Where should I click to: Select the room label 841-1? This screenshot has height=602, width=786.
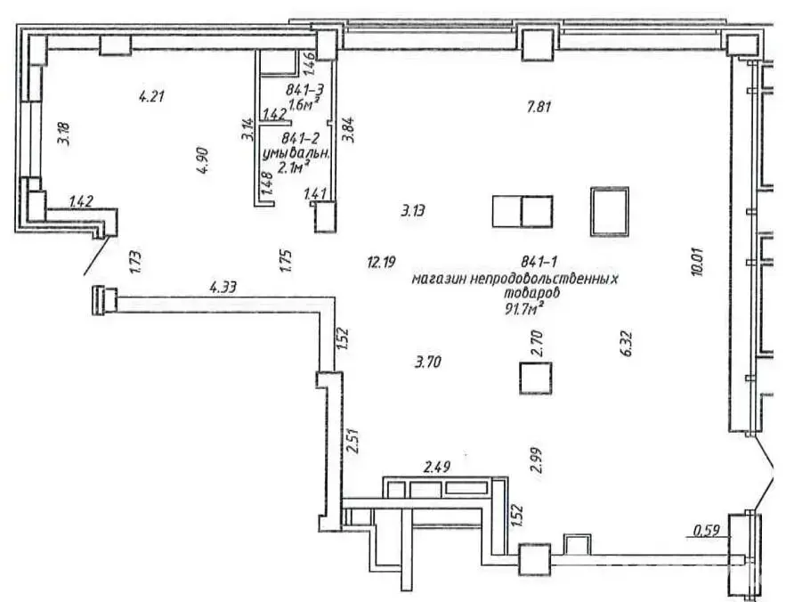[x=541, y=262]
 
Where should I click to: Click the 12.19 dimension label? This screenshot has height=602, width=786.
[x=381, y=262]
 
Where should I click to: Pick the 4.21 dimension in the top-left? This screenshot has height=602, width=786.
[x=153, y=95]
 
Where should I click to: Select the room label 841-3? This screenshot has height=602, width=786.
[x=304, y=90]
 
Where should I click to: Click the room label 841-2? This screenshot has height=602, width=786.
[x=301, y=138]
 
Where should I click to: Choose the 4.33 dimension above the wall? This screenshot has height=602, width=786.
[x=223, y=288]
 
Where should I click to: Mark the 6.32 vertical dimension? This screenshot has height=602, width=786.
[x=625, y=343]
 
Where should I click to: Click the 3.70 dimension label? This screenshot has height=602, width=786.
[x=429, y=362]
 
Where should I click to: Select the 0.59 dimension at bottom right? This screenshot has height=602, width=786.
[x=707, y=534]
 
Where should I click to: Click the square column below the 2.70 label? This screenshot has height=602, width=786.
[x=536, y=378]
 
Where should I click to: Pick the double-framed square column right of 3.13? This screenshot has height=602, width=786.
[x=609, y=211]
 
